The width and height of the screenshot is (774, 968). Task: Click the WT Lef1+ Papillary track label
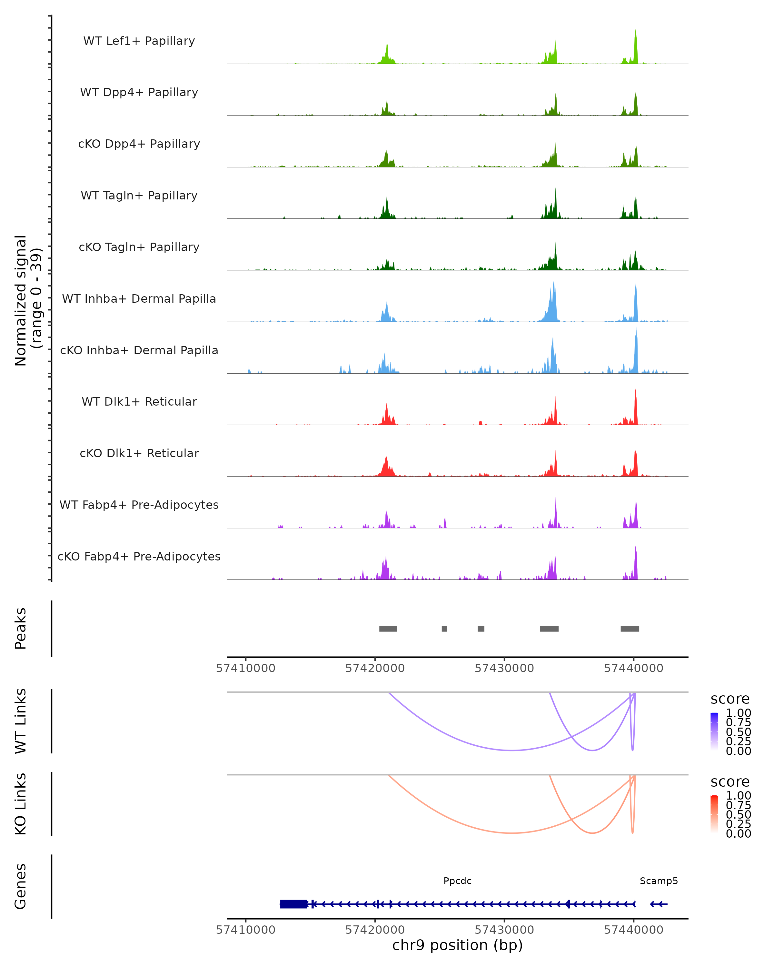point(139,41)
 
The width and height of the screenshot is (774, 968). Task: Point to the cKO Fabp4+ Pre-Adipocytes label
point(139,556)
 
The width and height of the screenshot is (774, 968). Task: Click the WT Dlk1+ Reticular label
point(139,401)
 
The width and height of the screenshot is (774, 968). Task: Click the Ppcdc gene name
point(457,881)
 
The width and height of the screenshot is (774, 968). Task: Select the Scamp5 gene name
point(658,881)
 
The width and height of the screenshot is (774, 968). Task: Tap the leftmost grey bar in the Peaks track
point(388,629)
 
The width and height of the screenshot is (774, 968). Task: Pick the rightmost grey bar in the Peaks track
point(630,629)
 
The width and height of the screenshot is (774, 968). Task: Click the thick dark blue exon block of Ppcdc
point(293,904)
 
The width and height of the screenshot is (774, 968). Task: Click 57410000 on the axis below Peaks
point(245,668)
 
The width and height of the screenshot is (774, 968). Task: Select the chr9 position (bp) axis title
point(457,945)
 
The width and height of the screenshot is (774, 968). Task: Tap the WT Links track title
point(21,721)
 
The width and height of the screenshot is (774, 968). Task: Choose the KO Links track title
point(21,804)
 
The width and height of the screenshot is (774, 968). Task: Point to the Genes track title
point(21,886)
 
